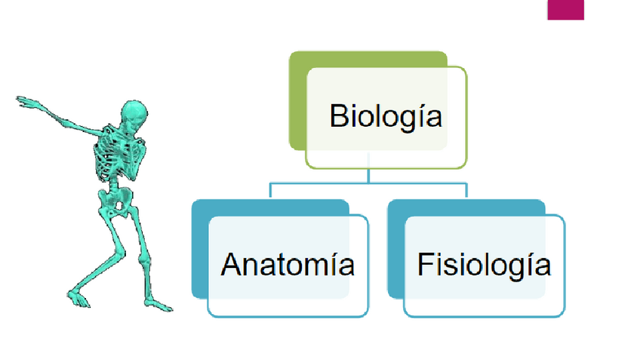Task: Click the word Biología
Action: click(x=385, y=117)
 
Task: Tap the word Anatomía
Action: click(x=288, y=265)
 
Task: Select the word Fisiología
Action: click(x=484, y=265)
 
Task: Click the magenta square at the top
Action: click(x=565, y=9)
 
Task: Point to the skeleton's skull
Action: click(x=134, y=113)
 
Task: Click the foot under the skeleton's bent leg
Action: click(x=156, y=304)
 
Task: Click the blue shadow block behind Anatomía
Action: click(x=200, y=249)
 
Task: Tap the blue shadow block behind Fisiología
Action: click(x=396, y=249)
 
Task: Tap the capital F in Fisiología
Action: click(x=425, y=265)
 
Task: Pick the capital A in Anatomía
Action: click(x=230, y=265)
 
